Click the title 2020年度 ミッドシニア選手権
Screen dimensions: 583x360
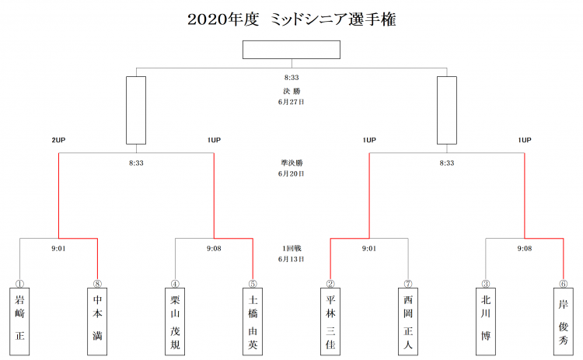click(x=291, y=19)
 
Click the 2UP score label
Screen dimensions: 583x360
click(x=58, y=140)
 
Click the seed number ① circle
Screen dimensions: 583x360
click(x=19, y=284)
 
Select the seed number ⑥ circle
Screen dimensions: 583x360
click(x=564, y=284)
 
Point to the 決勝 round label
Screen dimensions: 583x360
click(x=291, y=91)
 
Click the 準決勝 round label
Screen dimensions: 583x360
click(x=291, y=163)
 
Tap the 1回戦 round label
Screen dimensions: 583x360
click(x=291, y=249)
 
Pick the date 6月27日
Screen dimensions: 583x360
click(x=291, y=102)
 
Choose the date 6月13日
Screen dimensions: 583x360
click(x=291, y=259)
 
